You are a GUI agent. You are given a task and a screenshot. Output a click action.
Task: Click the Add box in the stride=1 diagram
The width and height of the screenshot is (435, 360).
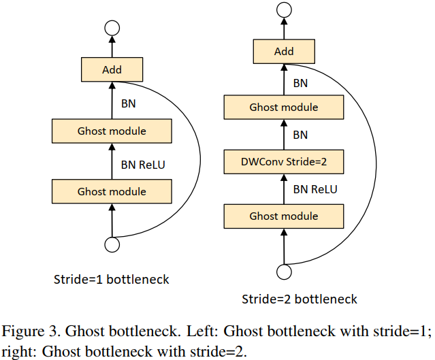[112, 70]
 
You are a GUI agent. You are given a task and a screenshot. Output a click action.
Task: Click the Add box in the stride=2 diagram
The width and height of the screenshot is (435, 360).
[284, 52]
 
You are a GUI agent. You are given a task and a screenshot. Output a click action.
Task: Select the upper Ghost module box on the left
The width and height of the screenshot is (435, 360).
[112, 131]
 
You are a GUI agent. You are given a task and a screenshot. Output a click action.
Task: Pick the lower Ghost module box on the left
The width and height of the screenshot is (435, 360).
[112, 191]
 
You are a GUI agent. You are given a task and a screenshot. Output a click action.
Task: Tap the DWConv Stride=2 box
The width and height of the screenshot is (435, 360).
[284, 162]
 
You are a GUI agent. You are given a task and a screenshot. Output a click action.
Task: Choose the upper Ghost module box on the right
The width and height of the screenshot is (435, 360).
[284, 108]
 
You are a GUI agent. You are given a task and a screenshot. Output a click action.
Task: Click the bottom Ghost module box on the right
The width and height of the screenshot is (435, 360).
[284, 216]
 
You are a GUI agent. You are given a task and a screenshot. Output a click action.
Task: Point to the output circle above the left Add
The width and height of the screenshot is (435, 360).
[112, 28]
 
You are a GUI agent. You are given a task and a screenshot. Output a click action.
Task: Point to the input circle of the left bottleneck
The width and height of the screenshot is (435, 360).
[112, 244]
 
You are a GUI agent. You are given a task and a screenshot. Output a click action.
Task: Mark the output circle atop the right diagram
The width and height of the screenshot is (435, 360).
[284, 10]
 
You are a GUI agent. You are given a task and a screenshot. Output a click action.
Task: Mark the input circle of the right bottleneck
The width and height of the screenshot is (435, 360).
[284, 272]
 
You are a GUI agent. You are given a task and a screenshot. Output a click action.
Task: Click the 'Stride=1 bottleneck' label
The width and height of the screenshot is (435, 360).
[112, 279]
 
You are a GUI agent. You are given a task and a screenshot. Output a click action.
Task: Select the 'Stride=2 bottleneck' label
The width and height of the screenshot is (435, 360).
[300, 299]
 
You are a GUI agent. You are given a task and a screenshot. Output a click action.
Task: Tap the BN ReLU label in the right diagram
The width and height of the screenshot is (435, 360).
[315, 190]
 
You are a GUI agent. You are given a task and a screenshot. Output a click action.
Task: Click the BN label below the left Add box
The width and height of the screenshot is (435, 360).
[128, 103]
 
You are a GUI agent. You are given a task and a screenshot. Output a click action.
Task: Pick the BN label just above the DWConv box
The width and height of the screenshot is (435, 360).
[300, 135]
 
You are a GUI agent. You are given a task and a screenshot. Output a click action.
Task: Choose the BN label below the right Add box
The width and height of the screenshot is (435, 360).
[300, 82]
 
